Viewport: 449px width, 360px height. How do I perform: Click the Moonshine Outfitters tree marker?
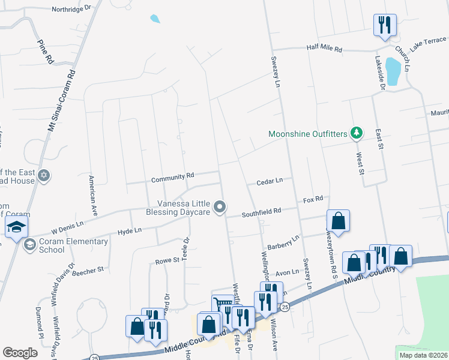pyautogui.click(x=357, y=133)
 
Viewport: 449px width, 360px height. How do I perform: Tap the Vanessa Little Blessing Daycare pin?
pyautogui.click(x=220, y=207)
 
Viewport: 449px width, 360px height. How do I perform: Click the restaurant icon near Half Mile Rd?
pyautogui.click(x=384, y=25)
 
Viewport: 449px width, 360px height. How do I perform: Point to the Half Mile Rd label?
pyautogui.click(x=324, y=49)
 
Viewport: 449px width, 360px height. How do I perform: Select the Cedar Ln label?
pyautogui.click(x=270, y=181)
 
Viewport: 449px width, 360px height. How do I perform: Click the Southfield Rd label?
pyautogui.click(x=262, y=212)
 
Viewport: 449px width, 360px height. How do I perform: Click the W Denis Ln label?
pyautogui.click(x=67, y=227)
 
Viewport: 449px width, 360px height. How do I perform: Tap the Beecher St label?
pyautogui.click(x=88, y=271)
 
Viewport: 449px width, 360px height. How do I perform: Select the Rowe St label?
pyautogui.click(x=168, y=260)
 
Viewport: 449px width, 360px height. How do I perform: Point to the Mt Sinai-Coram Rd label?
pyautogui.click(x=61, y=100)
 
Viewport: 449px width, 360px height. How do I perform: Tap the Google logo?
pyautogui.click(x=20, y=353)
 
